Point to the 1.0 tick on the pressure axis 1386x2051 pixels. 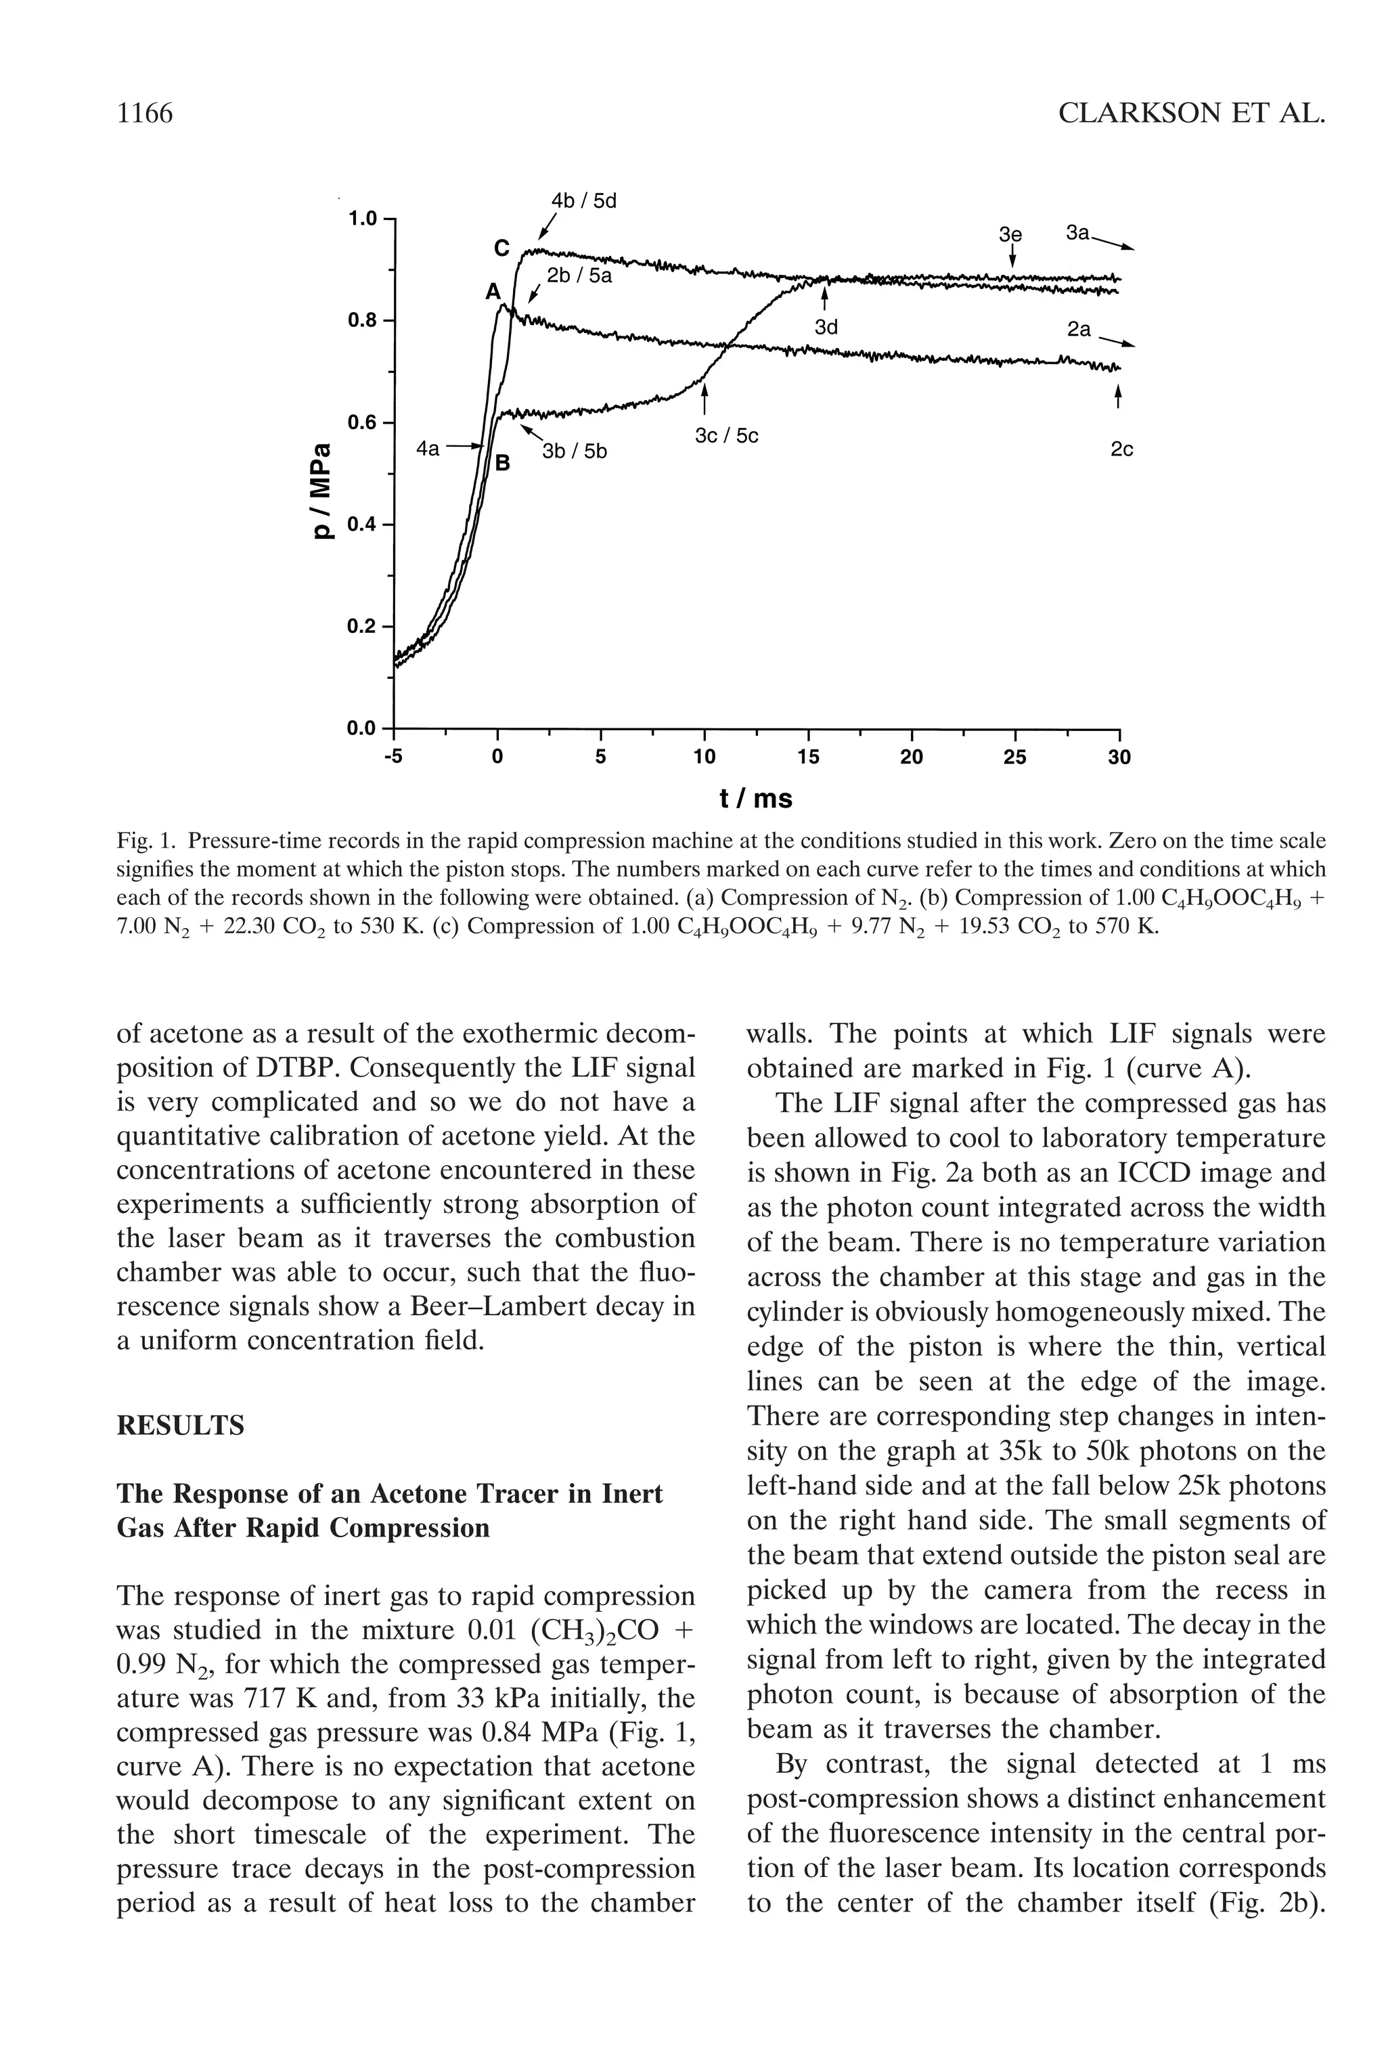pyautogui.click(x=360, y=218)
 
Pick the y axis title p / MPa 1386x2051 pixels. pyautogui.click(x=325, y=491)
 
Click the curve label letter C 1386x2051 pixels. pyautogui.click(x=501, y=250)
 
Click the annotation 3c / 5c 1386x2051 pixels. pyautogui.click(x=726, y=436)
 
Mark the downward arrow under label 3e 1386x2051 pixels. pyautogui.click(x=1013, y=257)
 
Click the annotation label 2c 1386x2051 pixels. pyautogui.click(x=1121, y=450)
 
